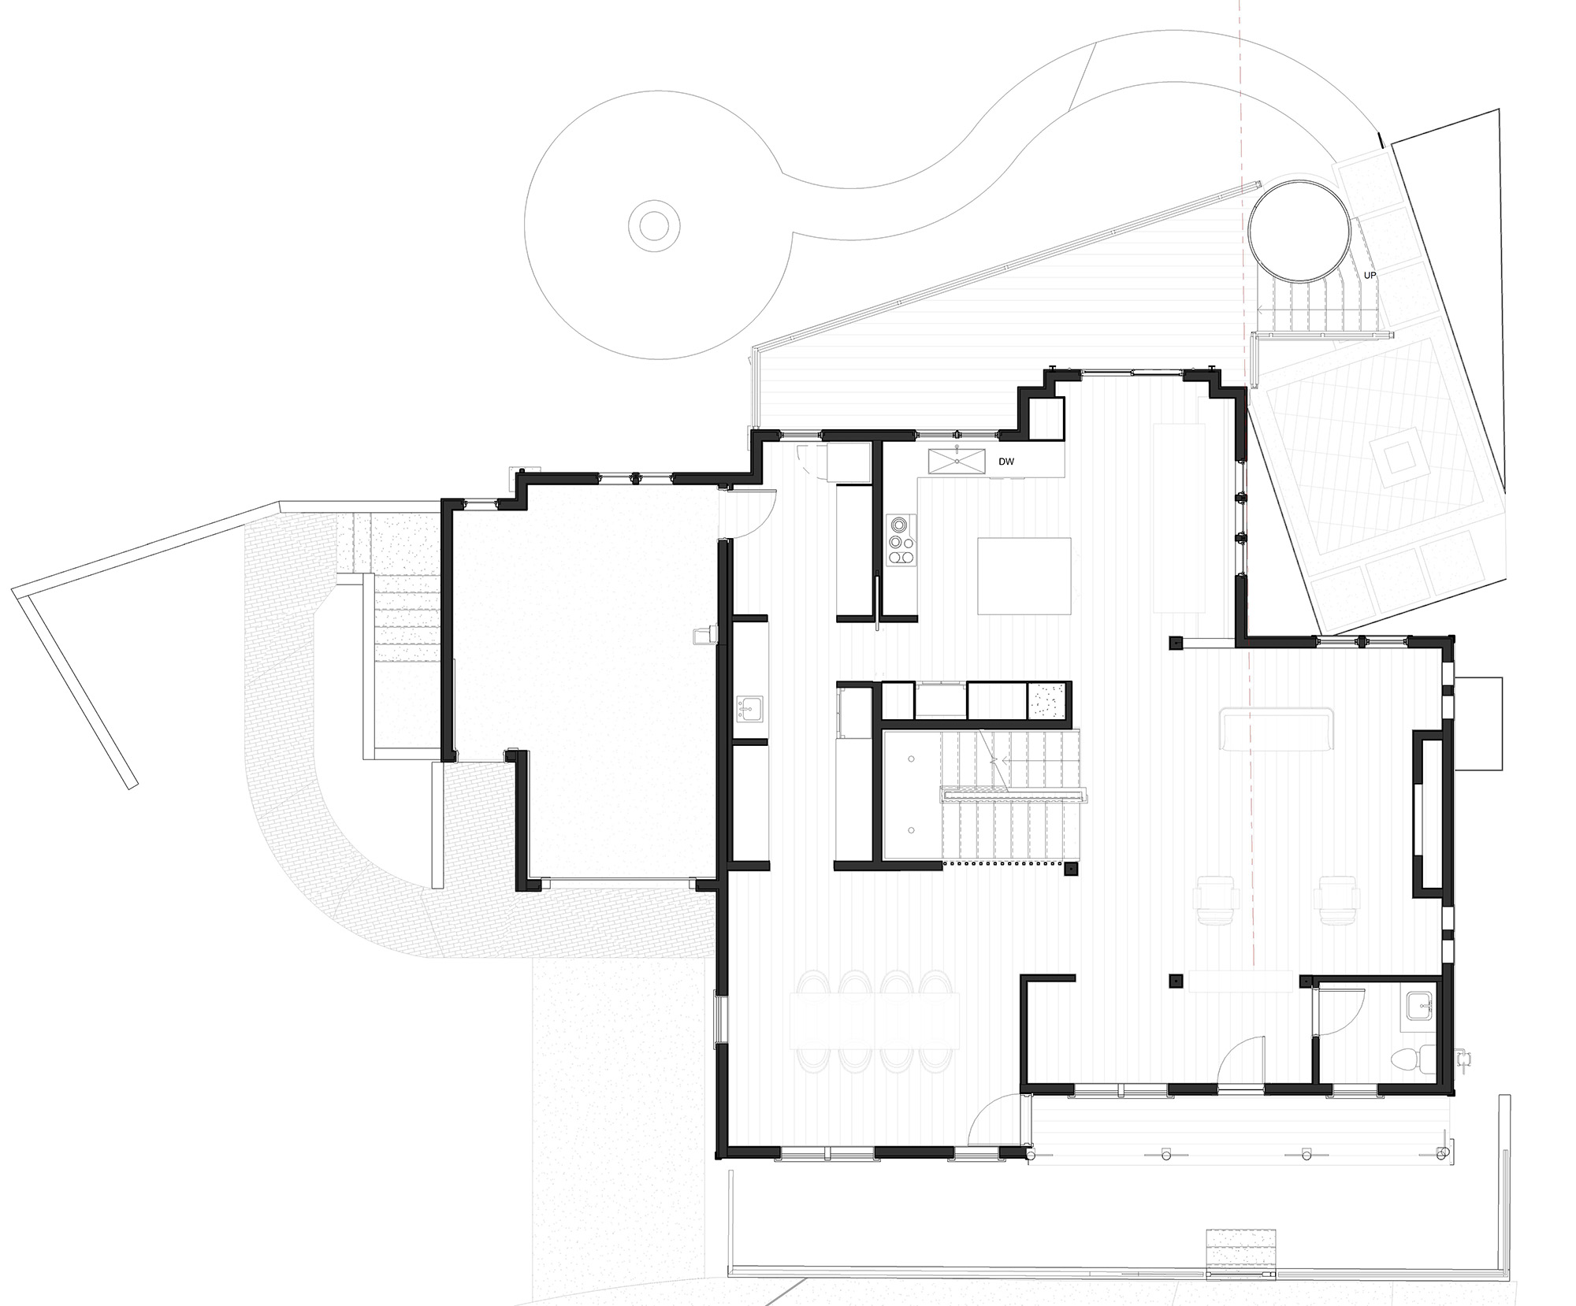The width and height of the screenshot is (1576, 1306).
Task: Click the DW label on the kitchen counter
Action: point(1006,462)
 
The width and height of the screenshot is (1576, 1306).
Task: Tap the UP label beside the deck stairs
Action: point(1370,276)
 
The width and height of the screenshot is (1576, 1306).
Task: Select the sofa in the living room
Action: point(1275,729)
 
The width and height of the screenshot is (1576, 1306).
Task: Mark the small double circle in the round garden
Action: point(653,227)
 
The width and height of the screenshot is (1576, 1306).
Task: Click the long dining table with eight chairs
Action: point(874,1021)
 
